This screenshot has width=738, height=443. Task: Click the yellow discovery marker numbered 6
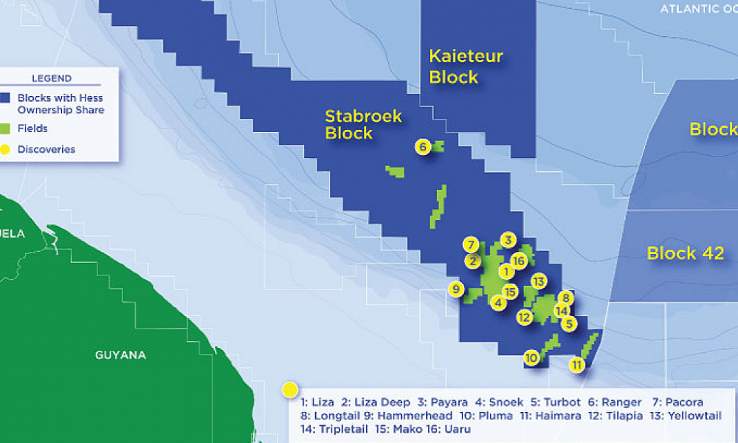point(423,147)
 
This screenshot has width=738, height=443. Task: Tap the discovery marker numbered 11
point(577,364)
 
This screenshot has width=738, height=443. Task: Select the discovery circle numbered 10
point(531,358)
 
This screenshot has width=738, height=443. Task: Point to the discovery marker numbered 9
point(457,289)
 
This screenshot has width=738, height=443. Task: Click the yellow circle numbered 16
point(518,261)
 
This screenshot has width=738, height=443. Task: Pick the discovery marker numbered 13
point(538,281)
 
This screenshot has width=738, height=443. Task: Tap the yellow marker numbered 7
point(472,244)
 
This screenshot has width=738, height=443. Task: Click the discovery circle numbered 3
point(508,239)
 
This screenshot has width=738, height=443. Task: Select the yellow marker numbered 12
point(525,317)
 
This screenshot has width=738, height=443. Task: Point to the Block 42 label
point(685,254)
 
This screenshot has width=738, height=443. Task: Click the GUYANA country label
point(120,355)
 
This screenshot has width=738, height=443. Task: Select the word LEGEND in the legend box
point(52,78)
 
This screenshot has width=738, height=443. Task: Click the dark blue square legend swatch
point(6,97)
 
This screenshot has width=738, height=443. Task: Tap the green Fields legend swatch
point(6,128)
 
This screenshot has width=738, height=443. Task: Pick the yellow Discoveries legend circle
point(6,149)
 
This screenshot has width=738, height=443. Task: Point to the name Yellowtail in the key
point(697,416)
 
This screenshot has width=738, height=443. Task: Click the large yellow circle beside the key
point(290,389)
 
